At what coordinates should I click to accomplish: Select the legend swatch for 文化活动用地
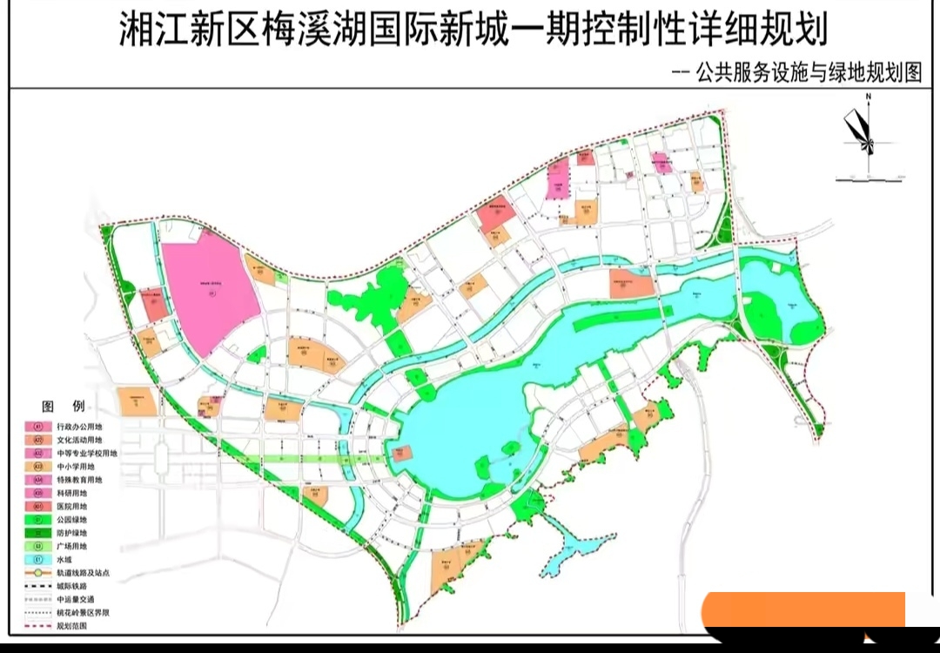click(x=39, y=441)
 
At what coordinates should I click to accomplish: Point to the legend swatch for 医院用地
click(x=39, y=506)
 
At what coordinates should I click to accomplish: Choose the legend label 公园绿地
click(x=72, y=519)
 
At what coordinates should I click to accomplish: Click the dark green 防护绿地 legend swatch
click(x=39, y=532)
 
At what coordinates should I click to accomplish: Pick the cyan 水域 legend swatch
click(x=39, y=559)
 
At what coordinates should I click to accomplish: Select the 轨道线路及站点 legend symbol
click(x=39, y=574)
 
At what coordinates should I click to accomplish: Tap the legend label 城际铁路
click(x=72, y=587)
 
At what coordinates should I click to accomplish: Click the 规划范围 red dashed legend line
click(x=39, y=626)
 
